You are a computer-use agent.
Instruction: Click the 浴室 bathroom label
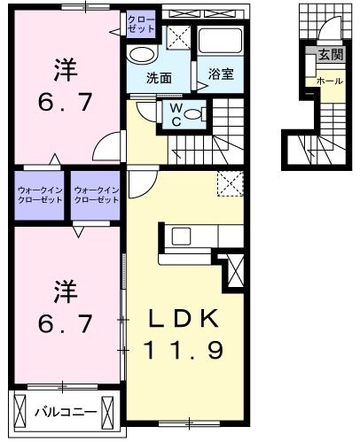click(x=221, y=74)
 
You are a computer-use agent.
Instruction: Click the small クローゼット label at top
click(x=141, y=23)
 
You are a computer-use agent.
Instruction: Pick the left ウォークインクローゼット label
click(x=40, y=195)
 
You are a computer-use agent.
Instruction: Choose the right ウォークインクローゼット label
click(x=97, y=195)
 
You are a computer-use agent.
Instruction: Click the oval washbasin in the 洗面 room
click(x=139, y=54)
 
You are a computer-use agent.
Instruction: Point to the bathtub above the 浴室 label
click(x=219, y=41)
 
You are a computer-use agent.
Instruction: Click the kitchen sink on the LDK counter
click(x=182, y=236)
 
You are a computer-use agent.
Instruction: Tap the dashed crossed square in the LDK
click(x=231, y=183)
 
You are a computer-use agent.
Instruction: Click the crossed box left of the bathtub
click(x=177, y=37)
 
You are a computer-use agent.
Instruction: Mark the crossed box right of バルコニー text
click(x=108, y=412)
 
